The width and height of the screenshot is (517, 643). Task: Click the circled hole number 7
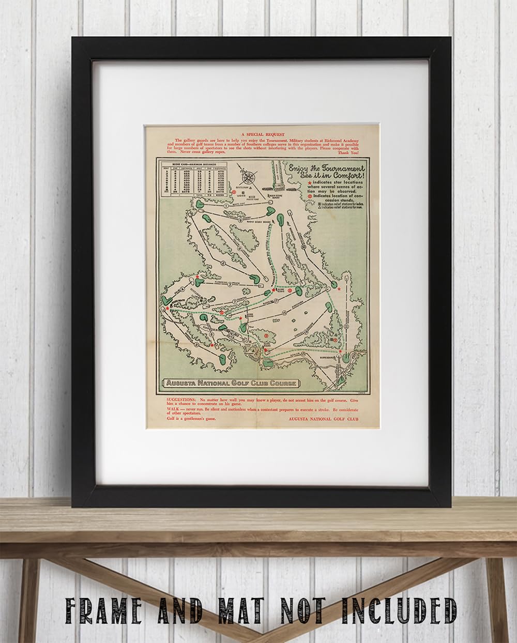tap(234, 301)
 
